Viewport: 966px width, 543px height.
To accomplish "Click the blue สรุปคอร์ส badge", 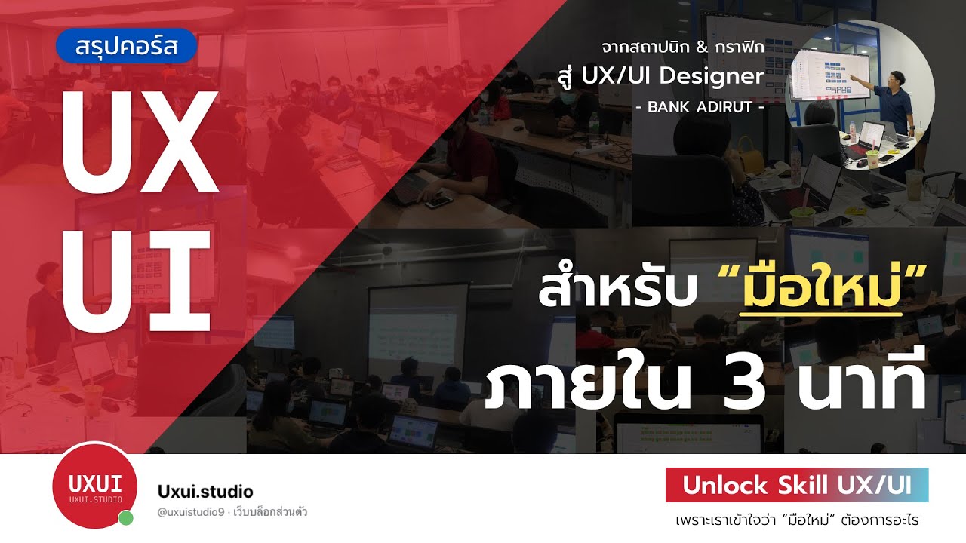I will tap(126, 46).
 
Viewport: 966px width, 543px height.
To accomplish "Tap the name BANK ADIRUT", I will tap(701, 107).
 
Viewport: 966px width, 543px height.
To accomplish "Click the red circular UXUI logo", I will tap(94, 485).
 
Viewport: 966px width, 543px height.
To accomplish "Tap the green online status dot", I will tap(126, 518).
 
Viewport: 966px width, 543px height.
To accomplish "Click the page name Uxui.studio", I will tap(205, 492).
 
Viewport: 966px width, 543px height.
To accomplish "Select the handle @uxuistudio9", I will tap(189, 513).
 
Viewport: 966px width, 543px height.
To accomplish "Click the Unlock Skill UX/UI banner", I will tap(796, 485).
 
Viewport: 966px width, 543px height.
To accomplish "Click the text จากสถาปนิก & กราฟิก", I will tap(682, 47).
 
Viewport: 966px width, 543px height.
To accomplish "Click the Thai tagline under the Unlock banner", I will tap(796, 520).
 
